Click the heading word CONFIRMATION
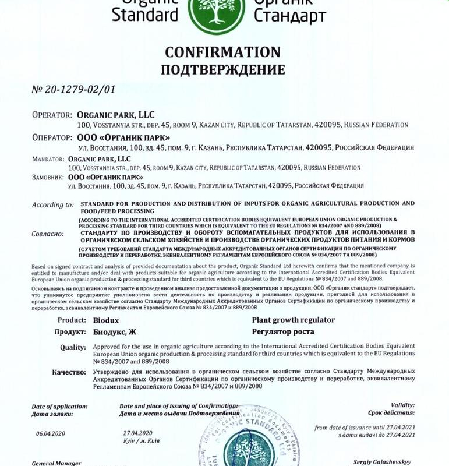point(222,52)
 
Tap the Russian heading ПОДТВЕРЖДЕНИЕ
point(222,70)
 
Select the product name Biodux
point(105,320)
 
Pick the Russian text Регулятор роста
point(282,331)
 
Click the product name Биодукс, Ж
point(115,331)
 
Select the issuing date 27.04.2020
point(137,433)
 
